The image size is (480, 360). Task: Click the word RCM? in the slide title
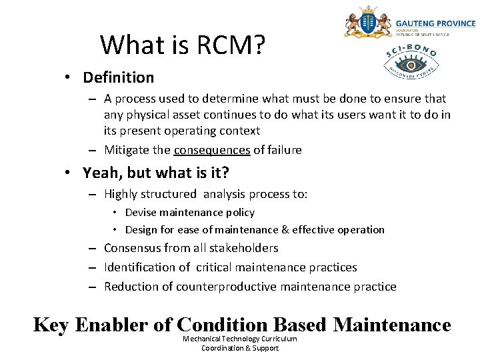[231, 45]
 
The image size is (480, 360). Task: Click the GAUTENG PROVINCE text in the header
[435, 23]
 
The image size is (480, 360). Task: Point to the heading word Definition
[118, 77]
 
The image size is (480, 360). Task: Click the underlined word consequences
[212, 150]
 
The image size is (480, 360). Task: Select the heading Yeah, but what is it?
[156, 173]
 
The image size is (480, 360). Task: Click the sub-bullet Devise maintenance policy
[189, 212]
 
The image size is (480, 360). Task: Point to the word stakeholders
[244, 248]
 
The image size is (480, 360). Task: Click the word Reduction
[131, 287]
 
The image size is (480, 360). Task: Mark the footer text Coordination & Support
[240, 348]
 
